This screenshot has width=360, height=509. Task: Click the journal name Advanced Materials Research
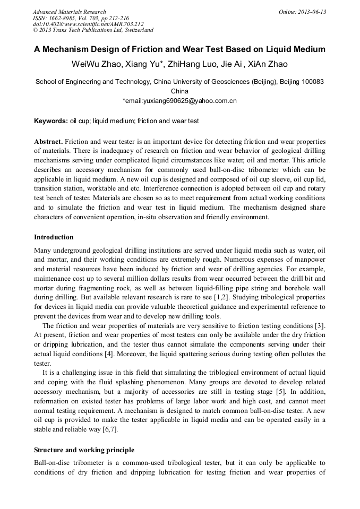click(x=69, y=12)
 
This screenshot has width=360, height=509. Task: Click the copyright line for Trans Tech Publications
click(x=93, y=31)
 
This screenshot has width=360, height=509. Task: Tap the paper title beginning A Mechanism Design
click(x=179, y=50)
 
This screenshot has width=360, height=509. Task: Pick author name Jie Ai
click(x=232, y=65)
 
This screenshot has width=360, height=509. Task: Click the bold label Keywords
click(x=51, y=121)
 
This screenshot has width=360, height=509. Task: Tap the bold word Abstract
click(x=48, y=142)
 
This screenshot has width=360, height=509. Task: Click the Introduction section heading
click(x=54, y=237)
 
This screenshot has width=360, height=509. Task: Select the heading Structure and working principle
click(x=84, y=450)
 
